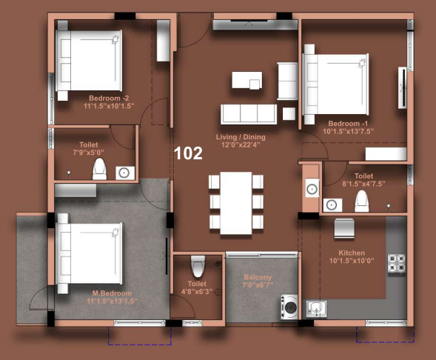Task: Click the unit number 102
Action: point(188,153)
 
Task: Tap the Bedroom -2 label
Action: point(109,99)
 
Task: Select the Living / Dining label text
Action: point(241,137)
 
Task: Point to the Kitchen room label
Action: point(352,253)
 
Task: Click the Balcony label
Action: point(258,277)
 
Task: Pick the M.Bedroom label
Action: point(112,293)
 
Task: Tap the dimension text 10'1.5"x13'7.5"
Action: point(348,131)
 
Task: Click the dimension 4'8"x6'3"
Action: point(197,291)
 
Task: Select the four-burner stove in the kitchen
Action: point(396,264)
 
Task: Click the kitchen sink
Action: point(316,309)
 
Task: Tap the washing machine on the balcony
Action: point(289,307)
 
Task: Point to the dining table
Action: point(236,203)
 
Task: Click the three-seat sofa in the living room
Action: point(249,114)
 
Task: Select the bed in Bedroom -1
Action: point(335,84)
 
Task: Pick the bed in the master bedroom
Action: point(89,253)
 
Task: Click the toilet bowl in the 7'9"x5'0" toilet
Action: point(99,169)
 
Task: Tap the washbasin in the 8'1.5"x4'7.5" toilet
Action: point(332,205)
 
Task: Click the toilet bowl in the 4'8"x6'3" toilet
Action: point(198,266)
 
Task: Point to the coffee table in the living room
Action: point(247,80)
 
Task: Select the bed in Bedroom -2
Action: point(89,61)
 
